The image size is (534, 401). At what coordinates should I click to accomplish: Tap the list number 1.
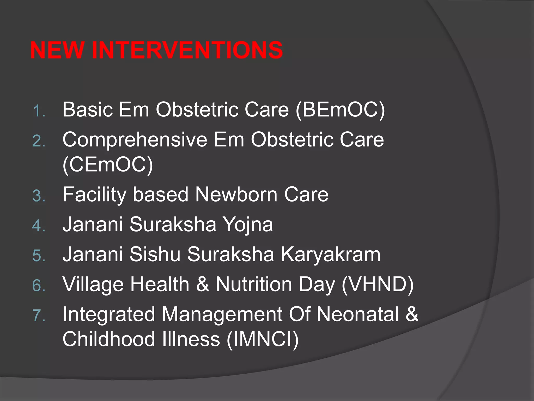[39, 111]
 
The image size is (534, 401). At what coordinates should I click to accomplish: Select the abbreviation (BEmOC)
[340, 110]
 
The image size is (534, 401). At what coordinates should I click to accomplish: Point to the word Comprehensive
[135, 140]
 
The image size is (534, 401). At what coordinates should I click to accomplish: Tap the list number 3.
[39, 196]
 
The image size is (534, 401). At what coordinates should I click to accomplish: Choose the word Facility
[94, 195]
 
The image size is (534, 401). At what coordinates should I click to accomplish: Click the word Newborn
[236, 195]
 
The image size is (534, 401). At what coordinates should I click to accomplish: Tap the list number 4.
[39, 226]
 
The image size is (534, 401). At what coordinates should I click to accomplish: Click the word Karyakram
[330, 255]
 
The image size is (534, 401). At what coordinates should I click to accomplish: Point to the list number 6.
[39, 286]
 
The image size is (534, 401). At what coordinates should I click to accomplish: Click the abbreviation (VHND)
[377, 285]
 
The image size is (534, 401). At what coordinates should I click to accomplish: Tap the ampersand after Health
[202, 285]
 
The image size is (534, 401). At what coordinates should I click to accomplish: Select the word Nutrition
[254, 285]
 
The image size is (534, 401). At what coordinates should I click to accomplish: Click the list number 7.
[39, 315]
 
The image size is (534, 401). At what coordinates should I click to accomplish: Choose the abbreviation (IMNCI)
[263, 339]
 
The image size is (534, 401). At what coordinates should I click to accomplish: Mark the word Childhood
[109, 339]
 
